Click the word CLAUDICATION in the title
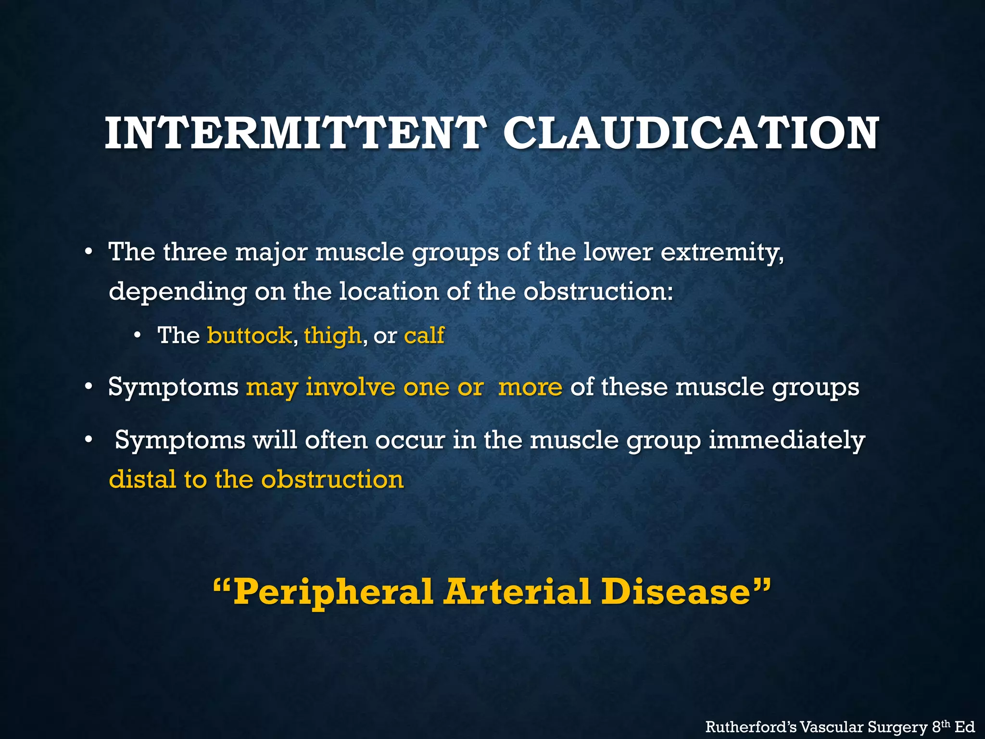[691, 133]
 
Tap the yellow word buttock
[249, 335]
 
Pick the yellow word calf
[424, 335]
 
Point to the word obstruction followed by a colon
[598, 292]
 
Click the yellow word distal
[142, 479]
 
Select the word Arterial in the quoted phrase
[517, 592]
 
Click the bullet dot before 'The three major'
[88, 252]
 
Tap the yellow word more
[530, 387]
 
